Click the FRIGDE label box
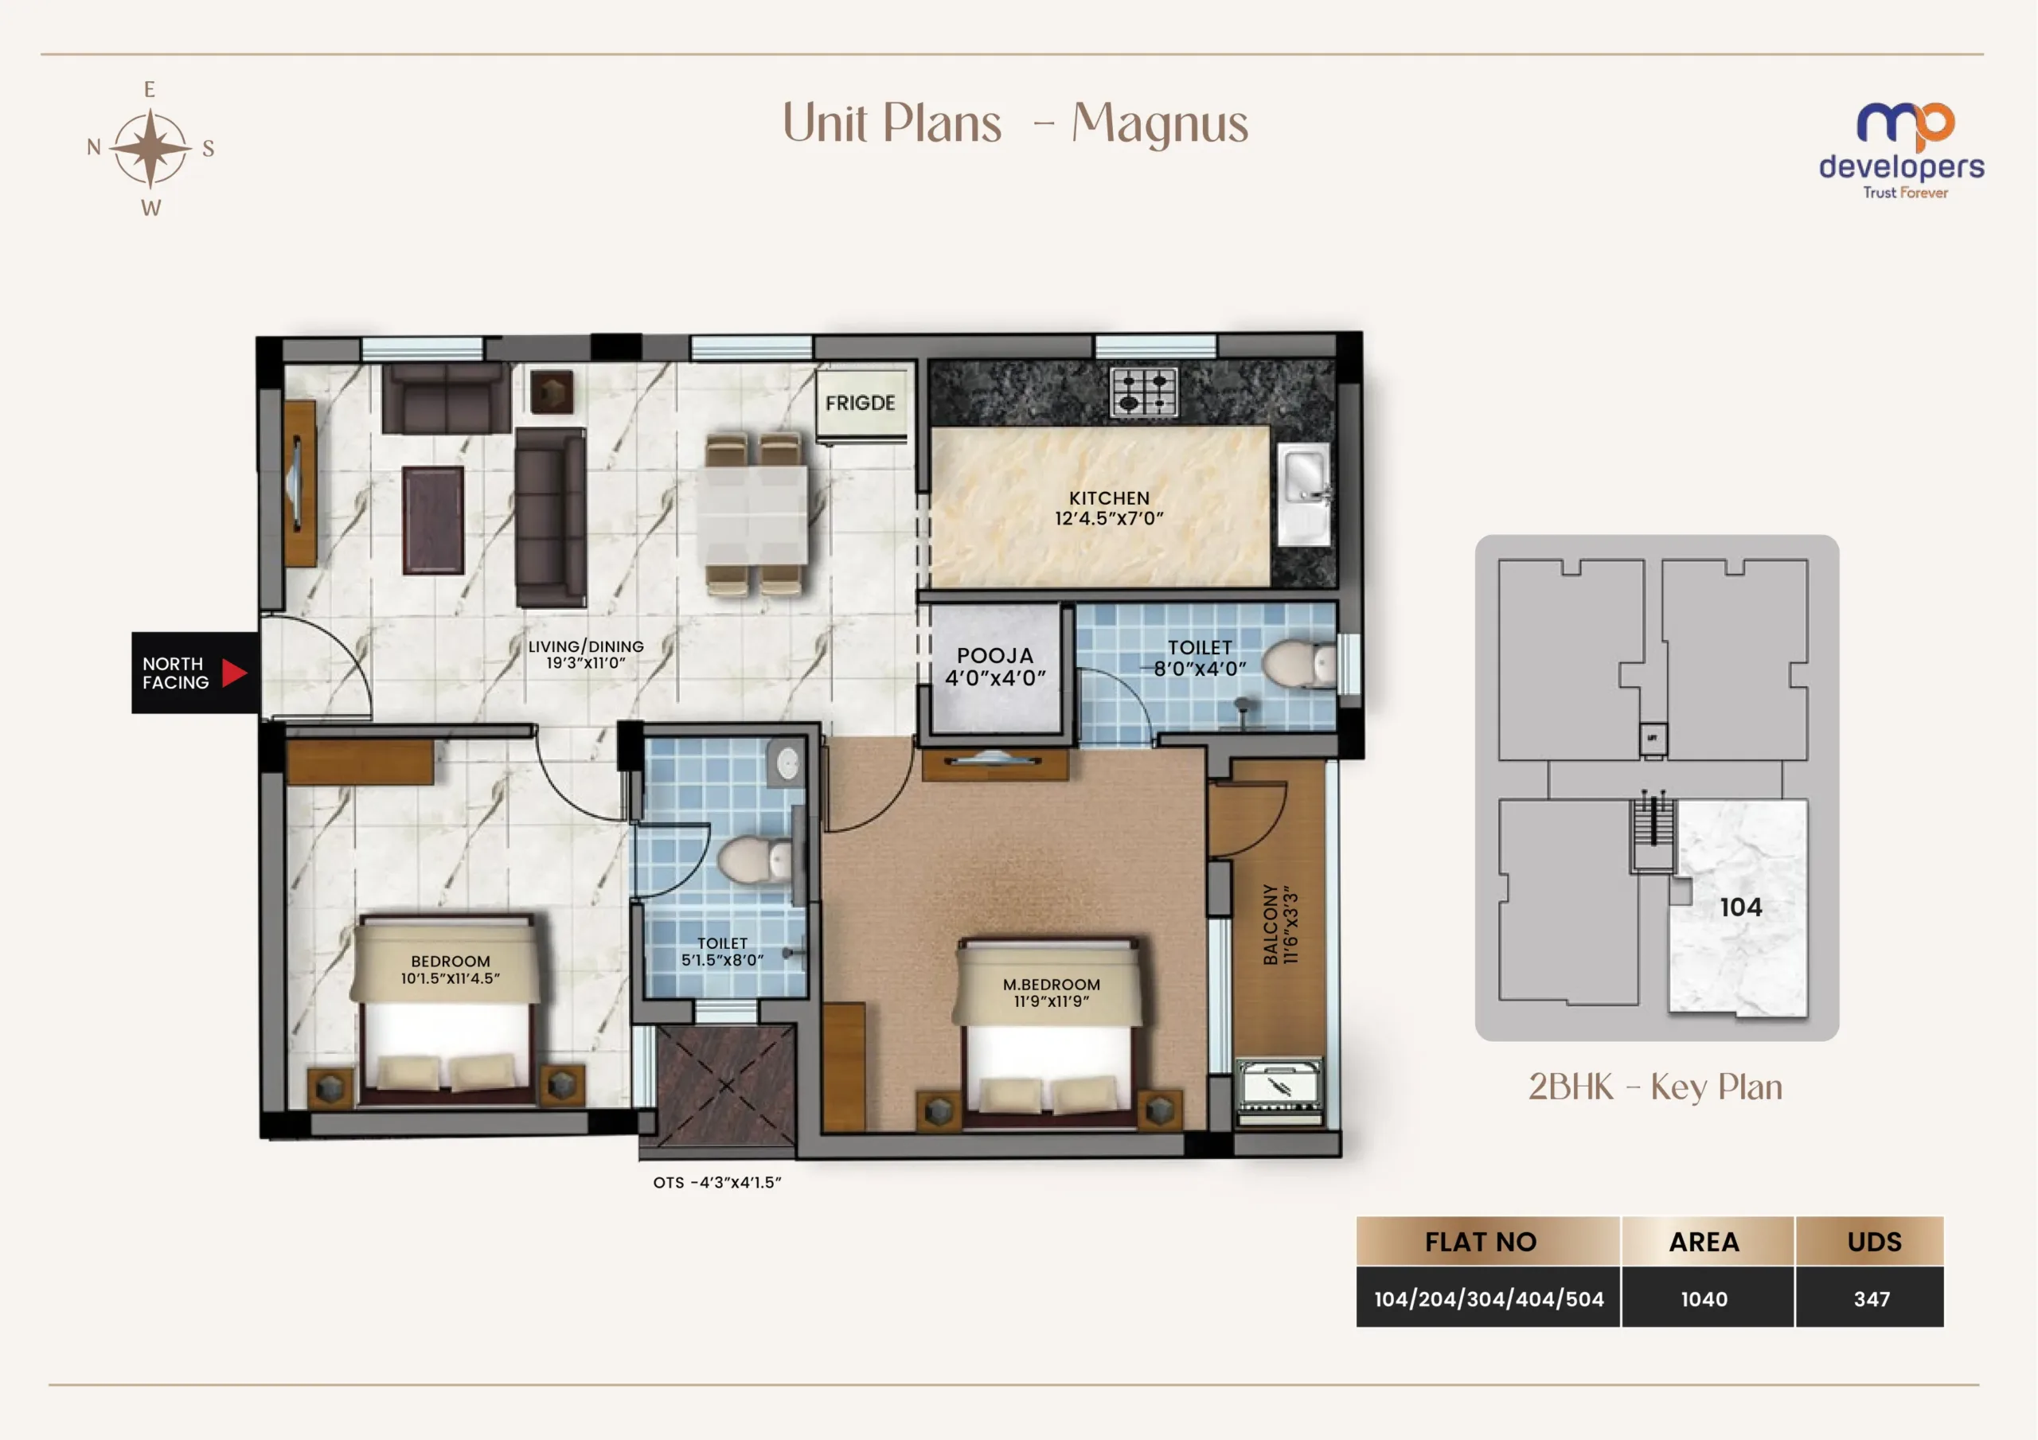[861, 404]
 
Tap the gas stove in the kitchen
[1144, 392]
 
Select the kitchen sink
[1303, 494]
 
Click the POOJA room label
[995, 667]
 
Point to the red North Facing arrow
[233, 673]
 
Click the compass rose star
[151, 148]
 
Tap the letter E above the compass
[149, 90]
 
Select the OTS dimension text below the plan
[717, 1183]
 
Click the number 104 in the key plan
[1740, 907]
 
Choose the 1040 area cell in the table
[1704, 1298]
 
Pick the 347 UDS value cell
[1871, 1298]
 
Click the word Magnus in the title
[1160, 124]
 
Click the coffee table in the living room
[433, 521]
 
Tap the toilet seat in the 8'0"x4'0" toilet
[1297, 663]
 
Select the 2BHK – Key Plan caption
[1655, 1087]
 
